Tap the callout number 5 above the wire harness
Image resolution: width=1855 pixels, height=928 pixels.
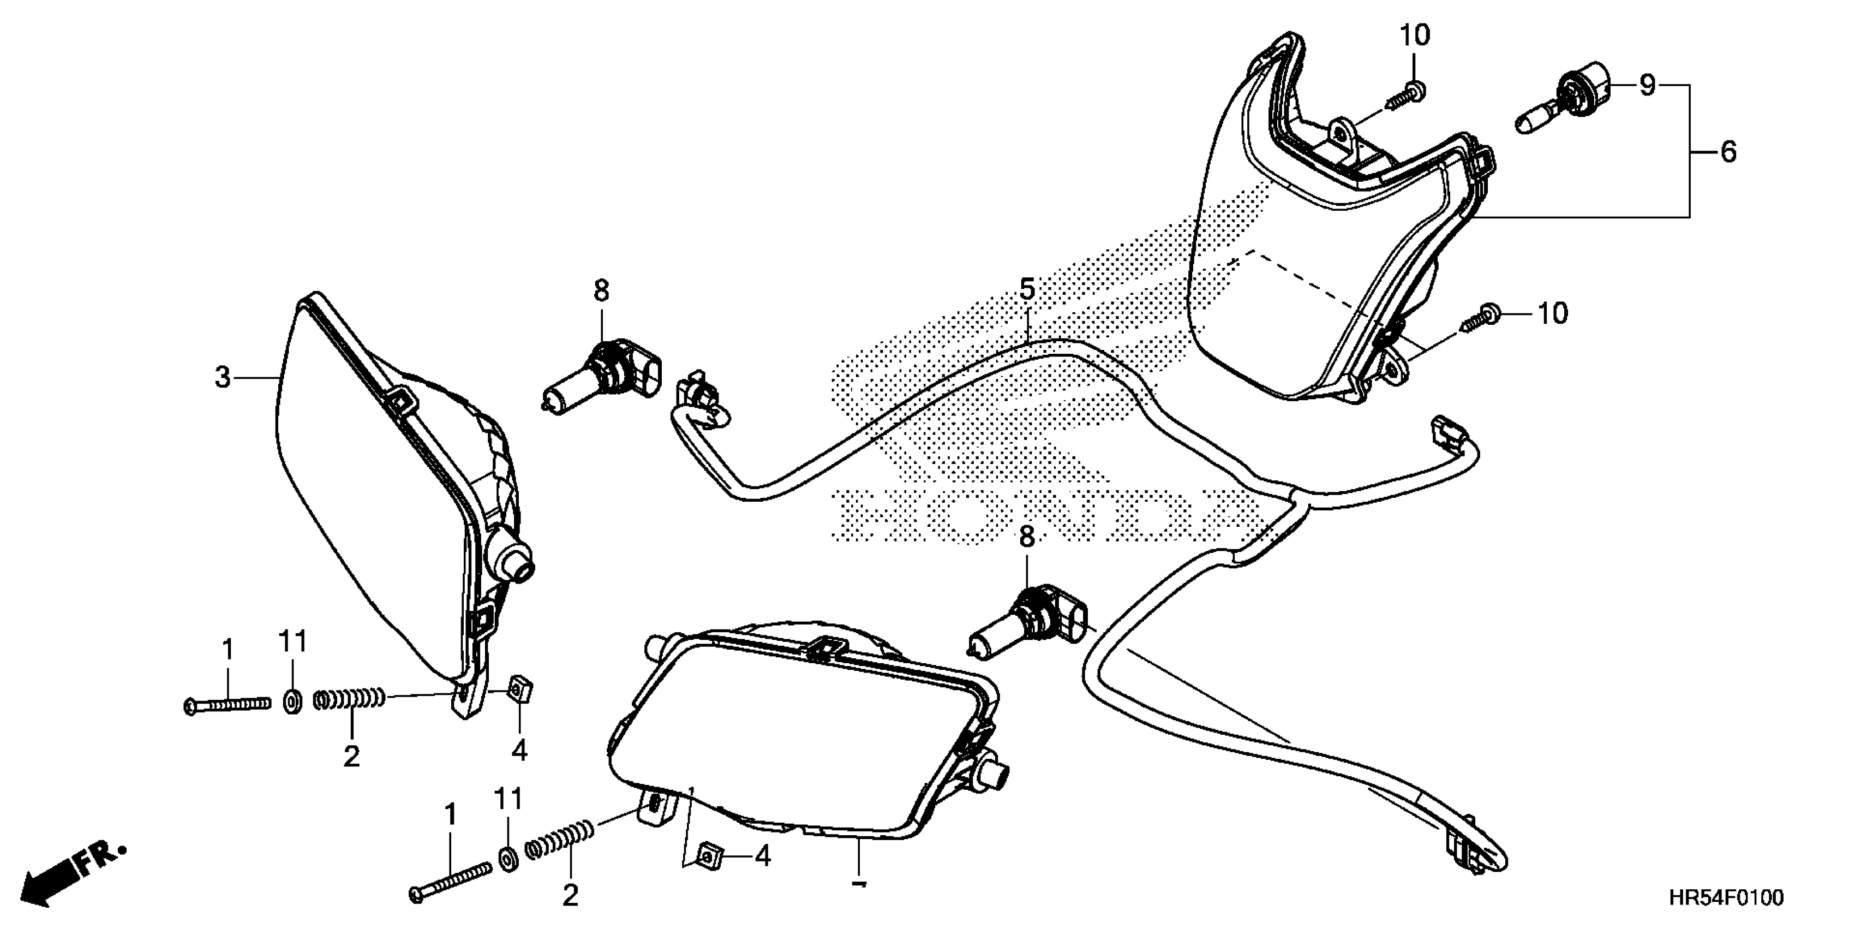pos(1027,290)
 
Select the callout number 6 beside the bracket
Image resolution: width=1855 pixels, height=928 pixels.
pos(1728,152)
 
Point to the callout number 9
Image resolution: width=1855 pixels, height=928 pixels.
pos(1648,86)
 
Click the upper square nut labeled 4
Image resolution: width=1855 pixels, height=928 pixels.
pos(519,689)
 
